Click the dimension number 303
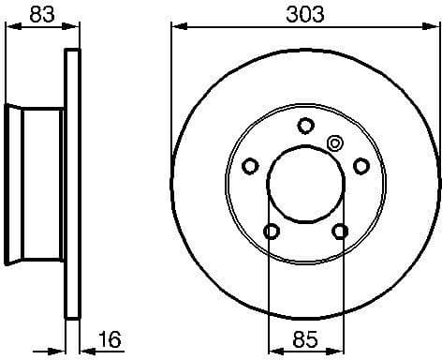pyautogui.click(x=304, y=13)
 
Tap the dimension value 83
pyautogui.click(x=39, y=13)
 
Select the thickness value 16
pyautogui.click(x=110, y=339)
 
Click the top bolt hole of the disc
pyautogui.click(x=304, y=125)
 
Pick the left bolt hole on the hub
pyautogui.click(x=250, y=166)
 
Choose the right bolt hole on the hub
pyautogui.click(x=361, y=166)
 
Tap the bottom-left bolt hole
pyautogui.click(x=271, y=231)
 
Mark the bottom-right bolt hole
pyautogui.click(x=339, y=231)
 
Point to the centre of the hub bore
pyautogui.click(x=304, y=183)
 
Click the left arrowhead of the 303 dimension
pyautogui.click(x=175, y=28)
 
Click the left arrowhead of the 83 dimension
pyautogui.click(x=10, y=28)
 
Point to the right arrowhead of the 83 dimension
pyautogui.click(x=72, y=28)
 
